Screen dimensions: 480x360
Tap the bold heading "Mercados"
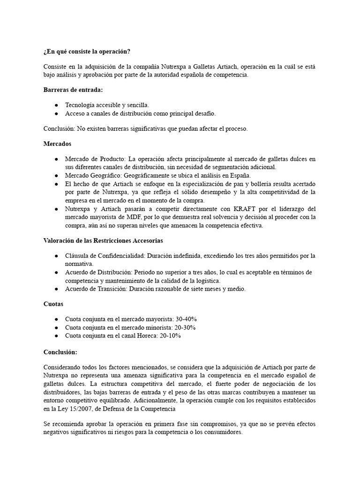[57, 144]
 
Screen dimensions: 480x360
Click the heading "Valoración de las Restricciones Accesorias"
[103, 241]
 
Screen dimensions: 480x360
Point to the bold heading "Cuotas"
[53, 304]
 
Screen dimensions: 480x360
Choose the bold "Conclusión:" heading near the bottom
[60, 352]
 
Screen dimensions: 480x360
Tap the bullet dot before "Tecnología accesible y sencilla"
[56, 105]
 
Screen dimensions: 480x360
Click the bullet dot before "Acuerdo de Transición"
[56, 289]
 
